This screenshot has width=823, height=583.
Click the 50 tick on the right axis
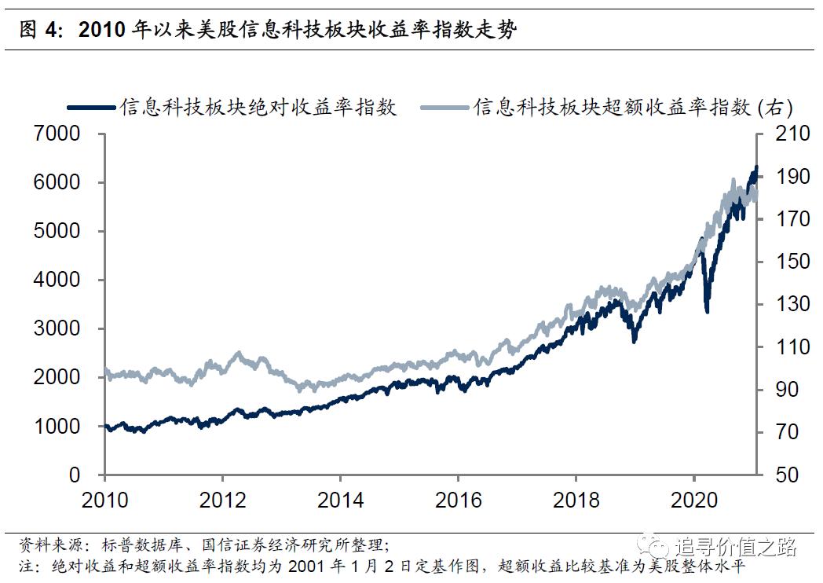coord(785,475)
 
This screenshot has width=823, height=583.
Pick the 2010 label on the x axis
coord(104,500)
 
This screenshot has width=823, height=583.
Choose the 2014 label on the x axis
coord(340,500)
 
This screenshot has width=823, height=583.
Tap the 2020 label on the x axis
coord(693,500)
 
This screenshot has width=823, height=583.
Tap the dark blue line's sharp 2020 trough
coord(708,311)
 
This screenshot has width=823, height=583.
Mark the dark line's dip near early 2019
coord(635,340)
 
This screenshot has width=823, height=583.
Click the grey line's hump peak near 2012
coord(240,354)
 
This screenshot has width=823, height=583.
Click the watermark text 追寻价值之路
coord(735,545)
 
